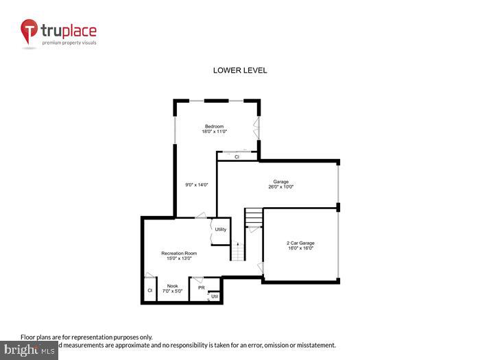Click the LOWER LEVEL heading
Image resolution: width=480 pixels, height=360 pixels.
(240, 71)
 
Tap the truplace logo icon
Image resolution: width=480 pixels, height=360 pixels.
(29, 32)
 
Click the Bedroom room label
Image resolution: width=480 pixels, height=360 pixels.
(215, 126)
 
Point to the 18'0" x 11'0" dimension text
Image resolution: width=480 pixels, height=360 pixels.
(215, 132)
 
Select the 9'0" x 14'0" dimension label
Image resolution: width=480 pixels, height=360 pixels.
(197, 184)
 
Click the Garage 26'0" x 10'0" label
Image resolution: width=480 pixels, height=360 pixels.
(280, 184)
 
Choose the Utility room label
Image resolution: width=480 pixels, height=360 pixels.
(221, 229)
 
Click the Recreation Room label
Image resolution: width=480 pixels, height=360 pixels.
(176, 254)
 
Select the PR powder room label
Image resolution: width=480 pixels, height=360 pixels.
(202, 288)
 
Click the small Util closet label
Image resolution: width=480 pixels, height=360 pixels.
(214, 296)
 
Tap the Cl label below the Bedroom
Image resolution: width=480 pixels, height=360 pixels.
(237, 157)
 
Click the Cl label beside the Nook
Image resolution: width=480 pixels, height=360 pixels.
(149, 291)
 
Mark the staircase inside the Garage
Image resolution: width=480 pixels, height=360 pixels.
(254, 218)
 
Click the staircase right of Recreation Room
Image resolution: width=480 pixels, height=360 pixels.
(237, 251)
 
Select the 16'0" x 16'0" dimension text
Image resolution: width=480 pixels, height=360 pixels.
(300, 248)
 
